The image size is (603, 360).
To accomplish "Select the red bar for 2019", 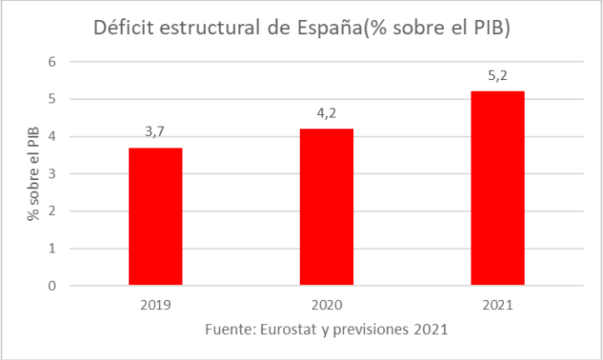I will pyautogui.click(x=156, y=217).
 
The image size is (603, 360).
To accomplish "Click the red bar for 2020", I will pyautogui.click(x=326, y=207).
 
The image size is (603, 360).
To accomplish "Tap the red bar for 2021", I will pyautogui.click(x=496, y=188).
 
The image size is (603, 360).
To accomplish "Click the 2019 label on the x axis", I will pyautogui.click(x=156, y=305).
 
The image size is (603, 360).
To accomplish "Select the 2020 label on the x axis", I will pyautogui.click(x=326, y=305).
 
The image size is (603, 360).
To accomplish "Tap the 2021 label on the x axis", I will pyautogui.click(x=496, y=305).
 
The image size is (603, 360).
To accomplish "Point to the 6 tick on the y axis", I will pyautogui.click(x=52, y=62).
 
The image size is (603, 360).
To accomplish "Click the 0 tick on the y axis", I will pyautogui.click(x=52, y=286).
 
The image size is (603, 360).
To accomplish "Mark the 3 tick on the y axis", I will pyautogui.click(x=52, y=174).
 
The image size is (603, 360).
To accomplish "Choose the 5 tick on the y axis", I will pyautogui.click(x=52, y=100).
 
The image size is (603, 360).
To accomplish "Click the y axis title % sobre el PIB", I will pyautogui.click(x=33, y=174).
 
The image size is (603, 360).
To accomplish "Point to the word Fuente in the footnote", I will pyautogui.click(x=227, y=329).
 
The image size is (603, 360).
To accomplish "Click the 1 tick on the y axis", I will pyautogui.click(x=52, y=248).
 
